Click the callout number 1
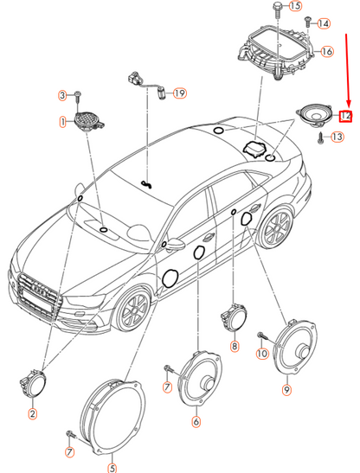62,123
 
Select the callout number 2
32,414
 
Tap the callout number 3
62,94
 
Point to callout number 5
112,468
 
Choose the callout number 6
196,422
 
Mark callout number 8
234,347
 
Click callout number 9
286,390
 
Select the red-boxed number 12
345,114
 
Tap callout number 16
326,52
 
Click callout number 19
180,93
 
